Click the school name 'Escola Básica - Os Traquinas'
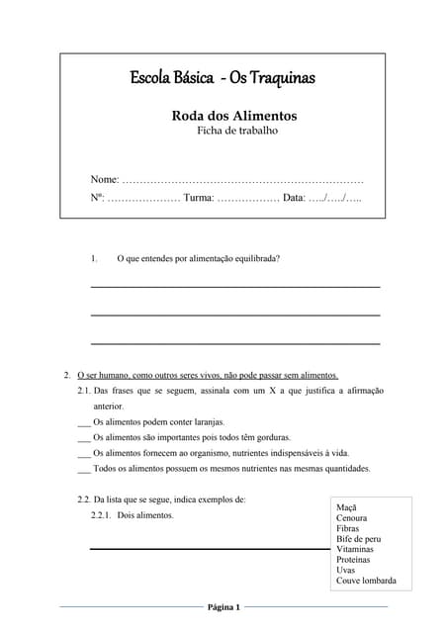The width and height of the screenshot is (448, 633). point(223,77)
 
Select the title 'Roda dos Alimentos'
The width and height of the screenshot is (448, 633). point(233,116)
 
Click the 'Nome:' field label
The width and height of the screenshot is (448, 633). point(105,179)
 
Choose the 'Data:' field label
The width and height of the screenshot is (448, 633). point(294,199)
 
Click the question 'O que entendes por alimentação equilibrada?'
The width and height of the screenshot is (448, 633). point(198,258)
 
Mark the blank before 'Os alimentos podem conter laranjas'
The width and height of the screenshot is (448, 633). point(83,422)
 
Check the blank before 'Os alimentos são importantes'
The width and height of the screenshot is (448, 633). point(83,437)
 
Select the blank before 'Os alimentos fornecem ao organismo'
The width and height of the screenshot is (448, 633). point(83,453)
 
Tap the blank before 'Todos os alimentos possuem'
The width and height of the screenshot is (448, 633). point(83,469)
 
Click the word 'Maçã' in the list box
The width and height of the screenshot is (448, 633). point(347,507)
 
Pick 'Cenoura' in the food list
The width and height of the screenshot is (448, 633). point(352,518)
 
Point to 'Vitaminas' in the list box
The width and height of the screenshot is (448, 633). point(355,549)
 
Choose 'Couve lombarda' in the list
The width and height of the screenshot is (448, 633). point(366,581)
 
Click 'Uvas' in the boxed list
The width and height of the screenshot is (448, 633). point(345,570)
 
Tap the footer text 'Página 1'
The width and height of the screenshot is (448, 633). point(224,606)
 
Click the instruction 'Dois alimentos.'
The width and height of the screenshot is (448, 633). point(144,515)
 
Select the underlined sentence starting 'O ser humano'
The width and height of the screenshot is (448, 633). point(207,376)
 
